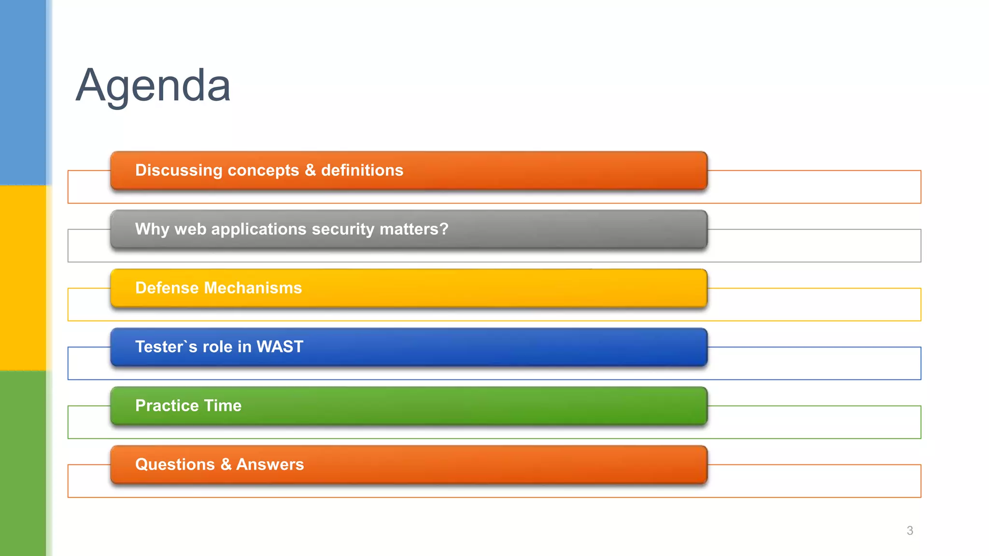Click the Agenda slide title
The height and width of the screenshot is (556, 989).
pos(153,86)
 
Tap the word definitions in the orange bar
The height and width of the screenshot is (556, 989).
pos(362,170)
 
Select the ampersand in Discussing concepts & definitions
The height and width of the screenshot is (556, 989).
pos(310,170)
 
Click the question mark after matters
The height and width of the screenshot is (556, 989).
pos(444,229)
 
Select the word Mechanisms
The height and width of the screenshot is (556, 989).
pos(253,288)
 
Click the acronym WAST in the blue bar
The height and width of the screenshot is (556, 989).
pos(280,347)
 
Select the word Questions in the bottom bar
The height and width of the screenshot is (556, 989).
pos(175,464)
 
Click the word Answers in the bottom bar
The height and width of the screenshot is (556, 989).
pos(270,464)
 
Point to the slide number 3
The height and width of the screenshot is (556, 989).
pos(910,531)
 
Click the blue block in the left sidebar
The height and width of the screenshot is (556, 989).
pos(23,92)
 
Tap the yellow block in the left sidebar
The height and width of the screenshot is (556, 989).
pos(23,278)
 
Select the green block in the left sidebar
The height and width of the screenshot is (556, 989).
pos(23,463)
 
